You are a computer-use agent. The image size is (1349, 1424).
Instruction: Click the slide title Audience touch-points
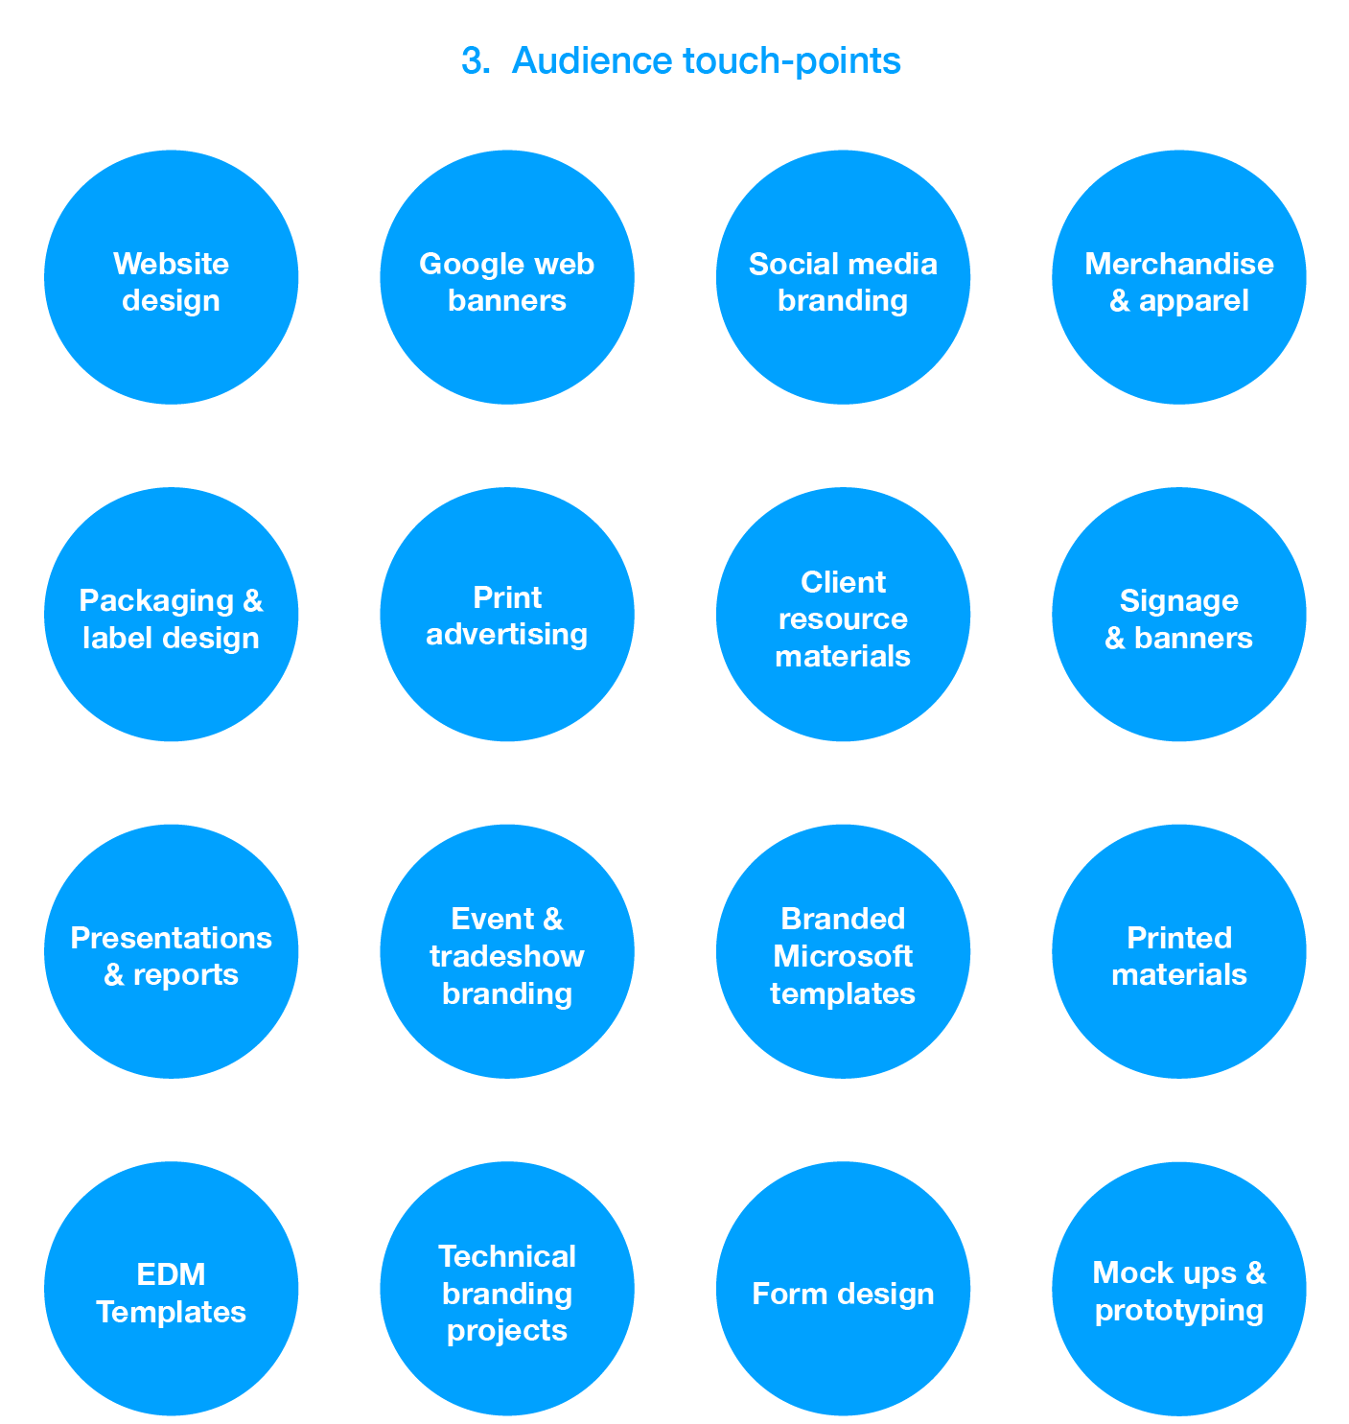[706, 60]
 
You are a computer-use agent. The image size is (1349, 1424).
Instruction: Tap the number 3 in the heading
[473, 60]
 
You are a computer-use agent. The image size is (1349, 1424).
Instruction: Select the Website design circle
[172, 277]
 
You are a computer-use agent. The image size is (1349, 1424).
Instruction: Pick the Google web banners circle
[507, 277]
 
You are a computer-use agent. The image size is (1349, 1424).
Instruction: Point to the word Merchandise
[1179, 264]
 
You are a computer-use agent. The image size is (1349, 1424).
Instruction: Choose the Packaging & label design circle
[172, 615]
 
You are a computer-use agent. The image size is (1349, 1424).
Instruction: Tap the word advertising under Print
[507, 635]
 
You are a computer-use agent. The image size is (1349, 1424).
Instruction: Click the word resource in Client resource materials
[843, 619]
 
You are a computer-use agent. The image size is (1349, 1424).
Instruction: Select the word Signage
[1179, 601]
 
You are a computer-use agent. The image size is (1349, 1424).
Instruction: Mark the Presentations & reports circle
[172, 951]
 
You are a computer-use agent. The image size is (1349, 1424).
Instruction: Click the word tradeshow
[507, 956]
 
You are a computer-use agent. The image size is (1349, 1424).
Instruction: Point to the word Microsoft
[843, 956]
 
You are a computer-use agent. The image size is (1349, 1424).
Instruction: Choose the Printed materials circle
[1179, 951]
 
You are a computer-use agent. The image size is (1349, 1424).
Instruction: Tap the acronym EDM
[172, 1274]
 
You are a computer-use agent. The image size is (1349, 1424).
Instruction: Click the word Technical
[507, 1256]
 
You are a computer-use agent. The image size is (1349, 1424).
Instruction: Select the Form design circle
[843, 1289]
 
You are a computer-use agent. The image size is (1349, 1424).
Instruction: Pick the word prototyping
[1179, 1311]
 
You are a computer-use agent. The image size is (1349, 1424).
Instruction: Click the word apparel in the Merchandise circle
[1194, 301]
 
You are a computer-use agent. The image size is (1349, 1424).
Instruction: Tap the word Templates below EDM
[172, 1312]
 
